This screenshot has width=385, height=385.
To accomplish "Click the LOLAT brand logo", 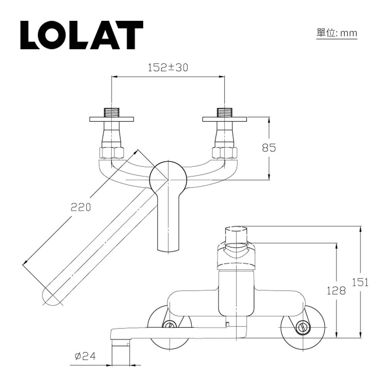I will (82, 35).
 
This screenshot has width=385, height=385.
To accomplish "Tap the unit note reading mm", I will (336, 33).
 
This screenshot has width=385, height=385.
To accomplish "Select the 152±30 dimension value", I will (168, 68).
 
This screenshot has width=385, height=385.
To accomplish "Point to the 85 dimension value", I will (269, 147).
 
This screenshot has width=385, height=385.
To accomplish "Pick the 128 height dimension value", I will (336, 291).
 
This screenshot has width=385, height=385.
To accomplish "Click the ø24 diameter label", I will (85, 356).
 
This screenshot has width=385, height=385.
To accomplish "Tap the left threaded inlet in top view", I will (112, 112).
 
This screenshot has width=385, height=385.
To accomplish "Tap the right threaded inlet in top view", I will (225, 112).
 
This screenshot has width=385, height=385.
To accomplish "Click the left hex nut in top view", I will (112, 152).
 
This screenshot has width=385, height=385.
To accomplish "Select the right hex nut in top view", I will (225, 152).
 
